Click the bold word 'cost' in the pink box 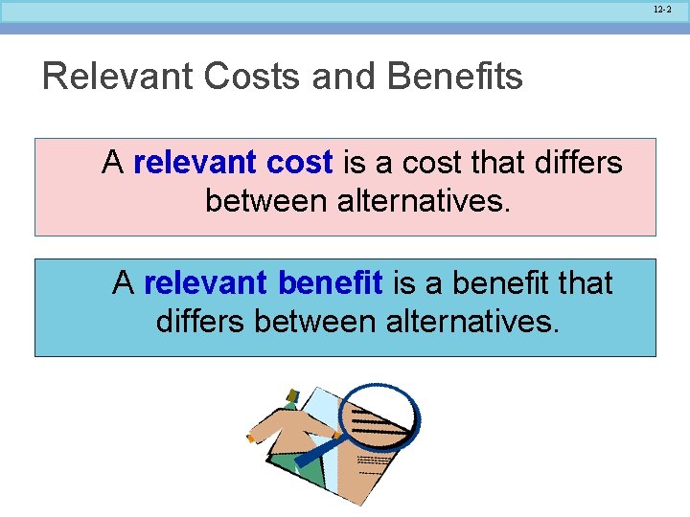299,164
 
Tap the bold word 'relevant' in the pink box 195,164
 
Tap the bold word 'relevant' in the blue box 205,283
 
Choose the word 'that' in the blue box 584,283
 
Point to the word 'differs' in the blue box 200,321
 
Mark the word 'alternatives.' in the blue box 475,321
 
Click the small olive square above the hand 291,393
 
